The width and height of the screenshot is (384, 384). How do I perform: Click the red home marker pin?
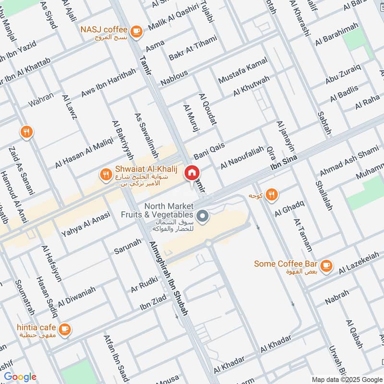coord(192,172)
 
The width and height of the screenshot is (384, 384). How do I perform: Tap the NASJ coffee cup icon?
coord(137,31)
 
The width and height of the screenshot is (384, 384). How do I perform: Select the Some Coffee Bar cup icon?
coord(326,264)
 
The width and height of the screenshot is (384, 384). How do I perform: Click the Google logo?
coord(20,377)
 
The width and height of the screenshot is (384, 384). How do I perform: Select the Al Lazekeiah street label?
coord(361,264)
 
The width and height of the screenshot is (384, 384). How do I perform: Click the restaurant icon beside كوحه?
coord(272,194)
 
